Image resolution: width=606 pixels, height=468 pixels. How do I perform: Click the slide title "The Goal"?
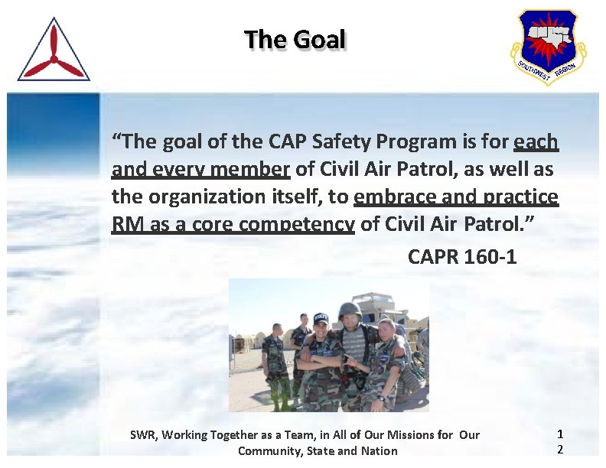[295, 39]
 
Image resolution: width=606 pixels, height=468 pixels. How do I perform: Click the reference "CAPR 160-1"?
[462, 257]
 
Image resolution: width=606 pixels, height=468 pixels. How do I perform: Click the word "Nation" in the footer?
[379, 450]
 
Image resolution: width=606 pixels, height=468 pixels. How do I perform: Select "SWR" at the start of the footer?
[142, 435]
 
